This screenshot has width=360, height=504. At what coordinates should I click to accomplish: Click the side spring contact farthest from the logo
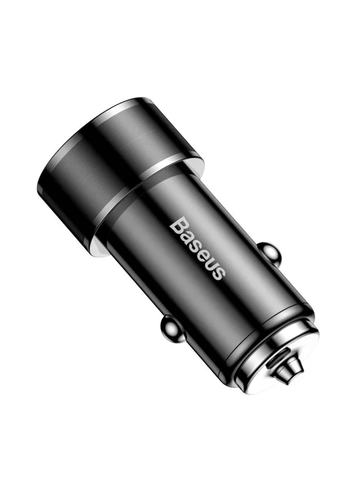(x=172, y=330)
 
